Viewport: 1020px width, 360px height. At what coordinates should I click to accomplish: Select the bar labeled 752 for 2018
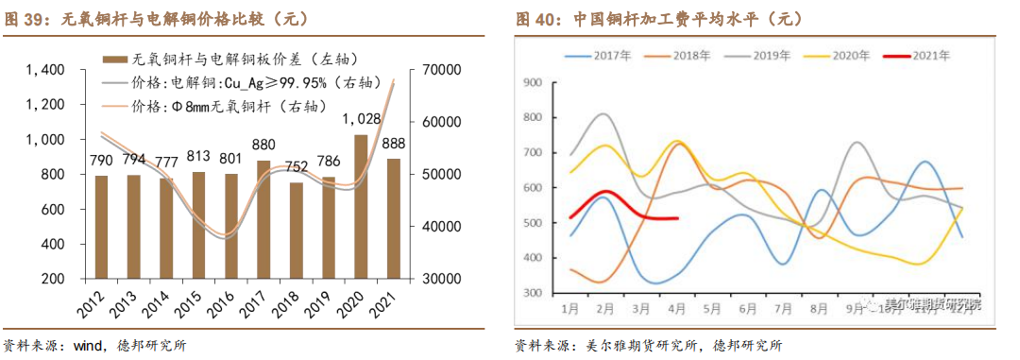pyautogui.click(x=297, y=231)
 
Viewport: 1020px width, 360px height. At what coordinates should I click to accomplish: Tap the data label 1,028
pyautogui.click(x=361, y=119)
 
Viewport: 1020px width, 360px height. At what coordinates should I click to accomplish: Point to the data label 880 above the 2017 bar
pyautogui.click(x=263, y=145)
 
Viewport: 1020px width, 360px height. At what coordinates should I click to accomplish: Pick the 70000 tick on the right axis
pyautogui.click(x=439, y=70)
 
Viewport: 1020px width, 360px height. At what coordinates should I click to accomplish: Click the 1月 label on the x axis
pyautogui.click(x=569, y=308)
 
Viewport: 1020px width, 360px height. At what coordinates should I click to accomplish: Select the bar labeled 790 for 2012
pyautogui.click(x=101, y=227)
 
